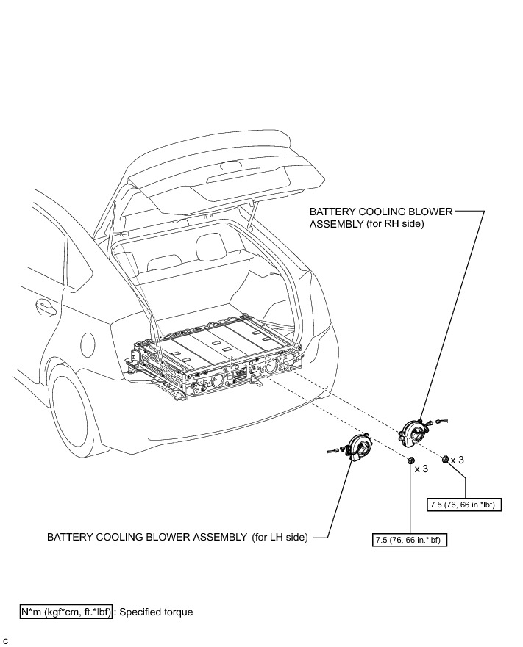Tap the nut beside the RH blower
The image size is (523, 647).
tap(446, 459)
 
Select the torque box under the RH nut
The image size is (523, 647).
tap(464, 505)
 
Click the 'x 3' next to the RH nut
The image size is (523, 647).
tap(458, 459)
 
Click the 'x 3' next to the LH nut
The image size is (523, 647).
tap(421, 468)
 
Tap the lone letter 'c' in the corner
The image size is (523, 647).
tap(6, 640)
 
